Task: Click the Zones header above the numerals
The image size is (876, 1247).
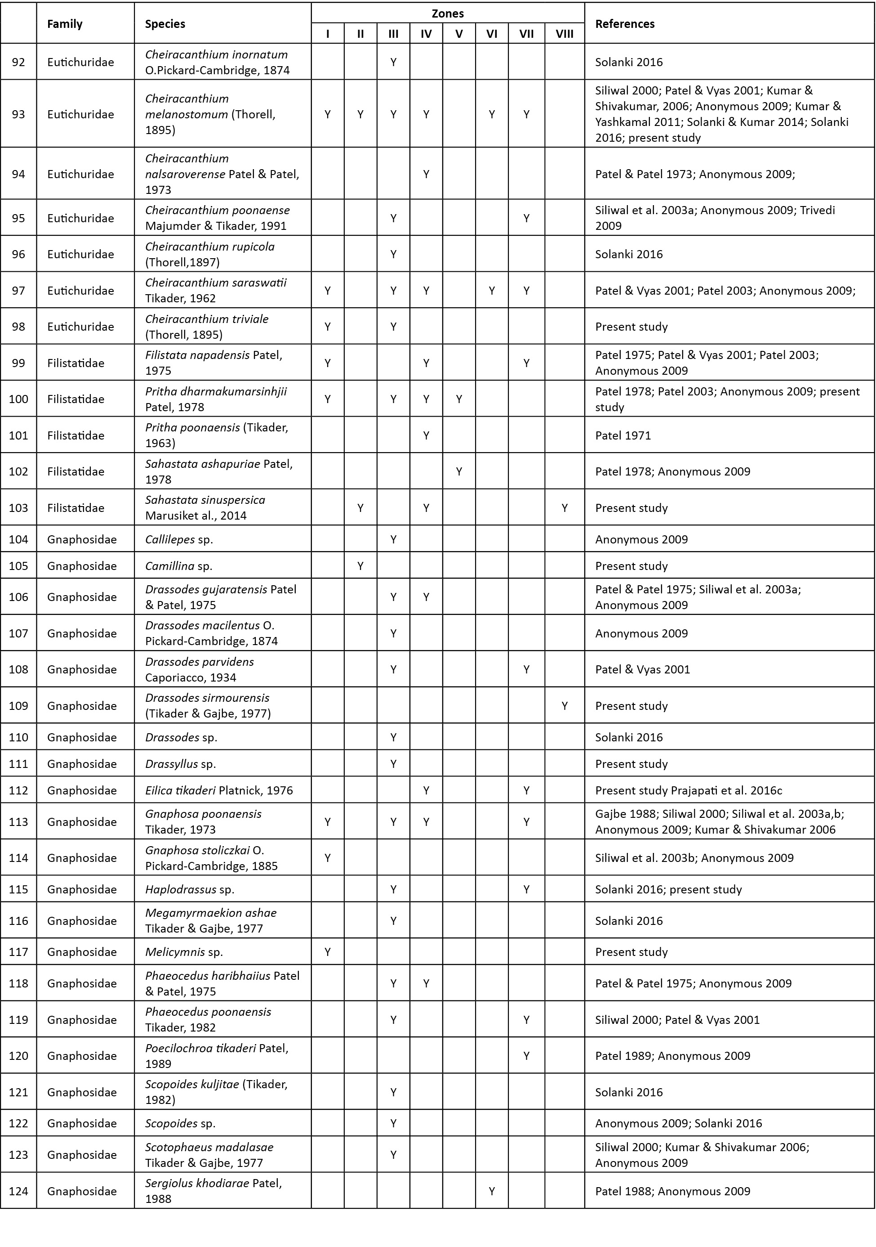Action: click(x=447, y=13)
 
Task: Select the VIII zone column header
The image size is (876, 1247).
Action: click(x=565, y=34)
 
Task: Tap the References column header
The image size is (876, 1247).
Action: click(x=625, y=24)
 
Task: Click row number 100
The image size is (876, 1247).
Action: click(x=18, y=399)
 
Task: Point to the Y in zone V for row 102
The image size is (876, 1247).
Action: click(x=459, y=471)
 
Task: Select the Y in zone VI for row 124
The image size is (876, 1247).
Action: click(x=492, y=1192)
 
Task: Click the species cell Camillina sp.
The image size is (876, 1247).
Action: click(x=178, y=566)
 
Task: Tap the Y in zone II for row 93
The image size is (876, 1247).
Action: click(x=360, y=115)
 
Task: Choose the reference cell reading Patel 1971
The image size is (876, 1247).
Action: click(x=623, y=435)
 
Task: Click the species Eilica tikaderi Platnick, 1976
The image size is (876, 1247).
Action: click(x=219, y=790)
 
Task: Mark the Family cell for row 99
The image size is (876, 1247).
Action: click(x=76, y=363)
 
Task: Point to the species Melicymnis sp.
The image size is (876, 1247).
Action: click(x=184, y=952)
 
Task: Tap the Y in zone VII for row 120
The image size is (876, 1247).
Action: click(x=526, y=1056)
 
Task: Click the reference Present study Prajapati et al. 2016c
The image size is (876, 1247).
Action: click(x=688, y=791)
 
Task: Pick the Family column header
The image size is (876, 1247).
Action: click(x=65, y=24)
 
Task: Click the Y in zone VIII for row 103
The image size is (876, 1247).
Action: click(x=565, y=508)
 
